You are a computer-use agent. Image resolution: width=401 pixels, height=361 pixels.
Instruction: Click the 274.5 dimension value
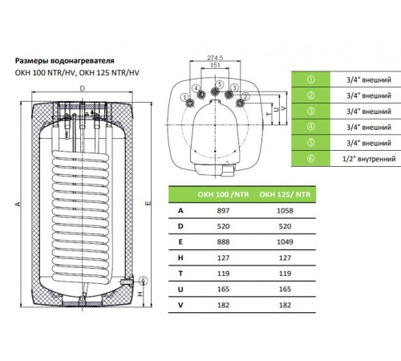pos(215,58)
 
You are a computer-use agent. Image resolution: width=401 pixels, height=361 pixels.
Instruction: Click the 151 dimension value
pos(215,65)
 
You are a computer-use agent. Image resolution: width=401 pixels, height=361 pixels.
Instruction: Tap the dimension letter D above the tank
pos(83,88)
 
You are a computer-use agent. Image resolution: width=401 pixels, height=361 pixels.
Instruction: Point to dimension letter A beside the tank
pos(18,204)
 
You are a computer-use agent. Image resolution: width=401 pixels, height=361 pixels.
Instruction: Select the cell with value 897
pos(223,211)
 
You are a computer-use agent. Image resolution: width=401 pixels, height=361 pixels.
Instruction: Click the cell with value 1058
pos(285,211)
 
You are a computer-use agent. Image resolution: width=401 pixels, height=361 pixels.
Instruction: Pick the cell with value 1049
pos(285,242)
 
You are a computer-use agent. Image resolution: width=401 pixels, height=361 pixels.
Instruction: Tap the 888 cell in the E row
pos(223,242)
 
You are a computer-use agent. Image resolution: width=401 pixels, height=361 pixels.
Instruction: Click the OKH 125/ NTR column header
pos(285,194)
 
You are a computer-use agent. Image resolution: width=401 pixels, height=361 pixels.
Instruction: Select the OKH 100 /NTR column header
pos(223,194)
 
